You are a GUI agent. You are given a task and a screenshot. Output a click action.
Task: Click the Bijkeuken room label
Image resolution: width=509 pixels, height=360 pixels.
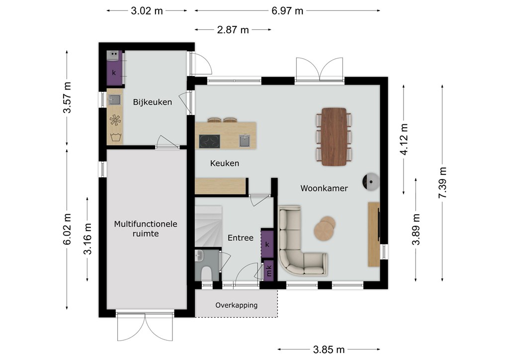pyautogui.click(x=152, y=102)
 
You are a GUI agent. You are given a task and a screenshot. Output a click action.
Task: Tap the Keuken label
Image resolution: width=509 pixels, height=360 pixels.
pyautogui.click(x=224, y=163)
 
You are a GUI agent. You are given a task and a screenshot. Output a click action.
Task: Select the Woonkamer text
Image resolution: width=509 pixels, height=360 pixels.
pyautogui.click(x=324, y=188)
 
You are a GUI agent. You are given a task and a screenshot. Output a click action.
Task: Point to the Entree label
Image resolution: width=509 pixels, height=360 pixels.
pyautogui.click(x=240, y=238)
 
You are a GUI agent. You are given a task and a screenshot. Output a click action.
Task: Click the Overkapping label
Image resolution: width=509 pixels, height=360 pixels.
pyautogui.click(x=236, y=305)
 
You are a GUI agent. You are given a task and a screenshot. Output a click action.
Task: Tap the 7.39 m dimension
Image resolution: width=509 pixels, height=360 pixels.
pyautogui.click(x=442, y=183)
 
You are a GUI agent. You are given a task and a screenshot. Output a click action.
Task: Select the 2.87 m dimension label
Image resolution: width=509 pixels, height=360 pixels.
pyautogui.click(x=233, y=30)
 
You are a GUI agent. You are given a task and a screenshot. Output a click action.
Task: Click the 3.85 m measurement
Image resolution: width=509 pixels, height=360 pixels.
pyautogui.click(x=329, y=350)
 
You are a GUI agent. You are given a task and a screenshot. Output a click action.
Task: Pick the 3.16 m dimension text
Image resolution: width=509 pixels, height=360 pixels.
pyautogui.click(x=87, y=239)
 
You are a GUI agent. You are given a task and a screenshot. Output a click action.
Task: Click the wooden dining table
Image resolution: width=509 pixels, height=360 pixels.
pyautogui.click(x=334, y=137)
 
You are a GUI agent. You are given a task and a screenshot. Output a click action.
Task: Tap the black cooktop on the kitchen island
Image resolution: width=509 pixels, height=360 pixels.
pyautogui.click(x=209, y=141)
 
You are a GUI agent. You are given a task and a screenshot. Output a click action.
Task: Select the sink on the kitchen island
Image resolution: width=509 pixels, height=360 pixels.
pyautogui.click(x=245, y=141)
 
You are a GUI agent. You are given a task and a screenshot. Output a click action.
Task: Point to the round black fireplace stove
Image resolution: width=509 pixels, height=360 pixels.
pyautogui.click(x=371, y=181)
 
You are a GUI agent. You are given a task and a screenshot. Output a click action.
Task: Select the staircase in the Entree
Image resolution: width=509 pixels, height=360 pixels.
pyautogui.click(x=208, y=227)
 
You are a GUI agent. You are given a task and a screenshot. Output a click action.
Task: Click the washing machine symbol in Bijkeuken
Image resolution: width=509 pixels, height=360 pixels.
pyautogui.click(x=115, y=137)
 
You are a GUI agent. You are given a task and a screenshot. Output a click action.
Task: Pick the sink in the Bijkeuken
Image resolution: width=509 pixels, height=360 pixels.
pyautogui.click(x=114, y=99)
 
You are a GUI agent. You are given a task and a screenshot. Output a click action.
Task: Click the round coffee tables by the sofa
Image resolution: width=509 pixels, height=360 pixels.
pyautogui.click(x=325, y=228)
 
